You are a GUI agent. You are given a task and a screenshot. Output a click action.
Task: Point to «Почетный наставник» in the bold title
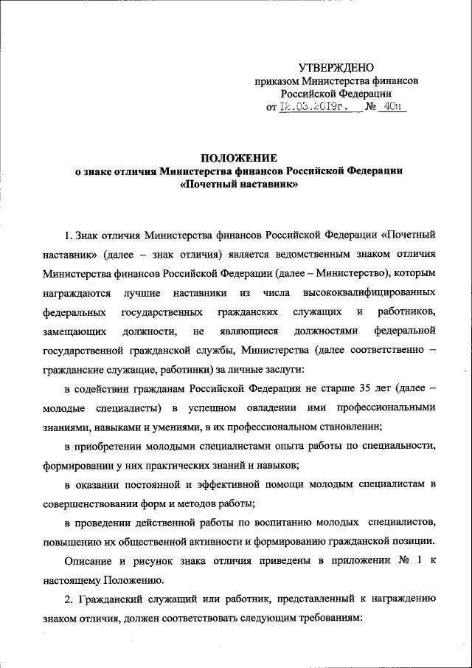240,185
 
